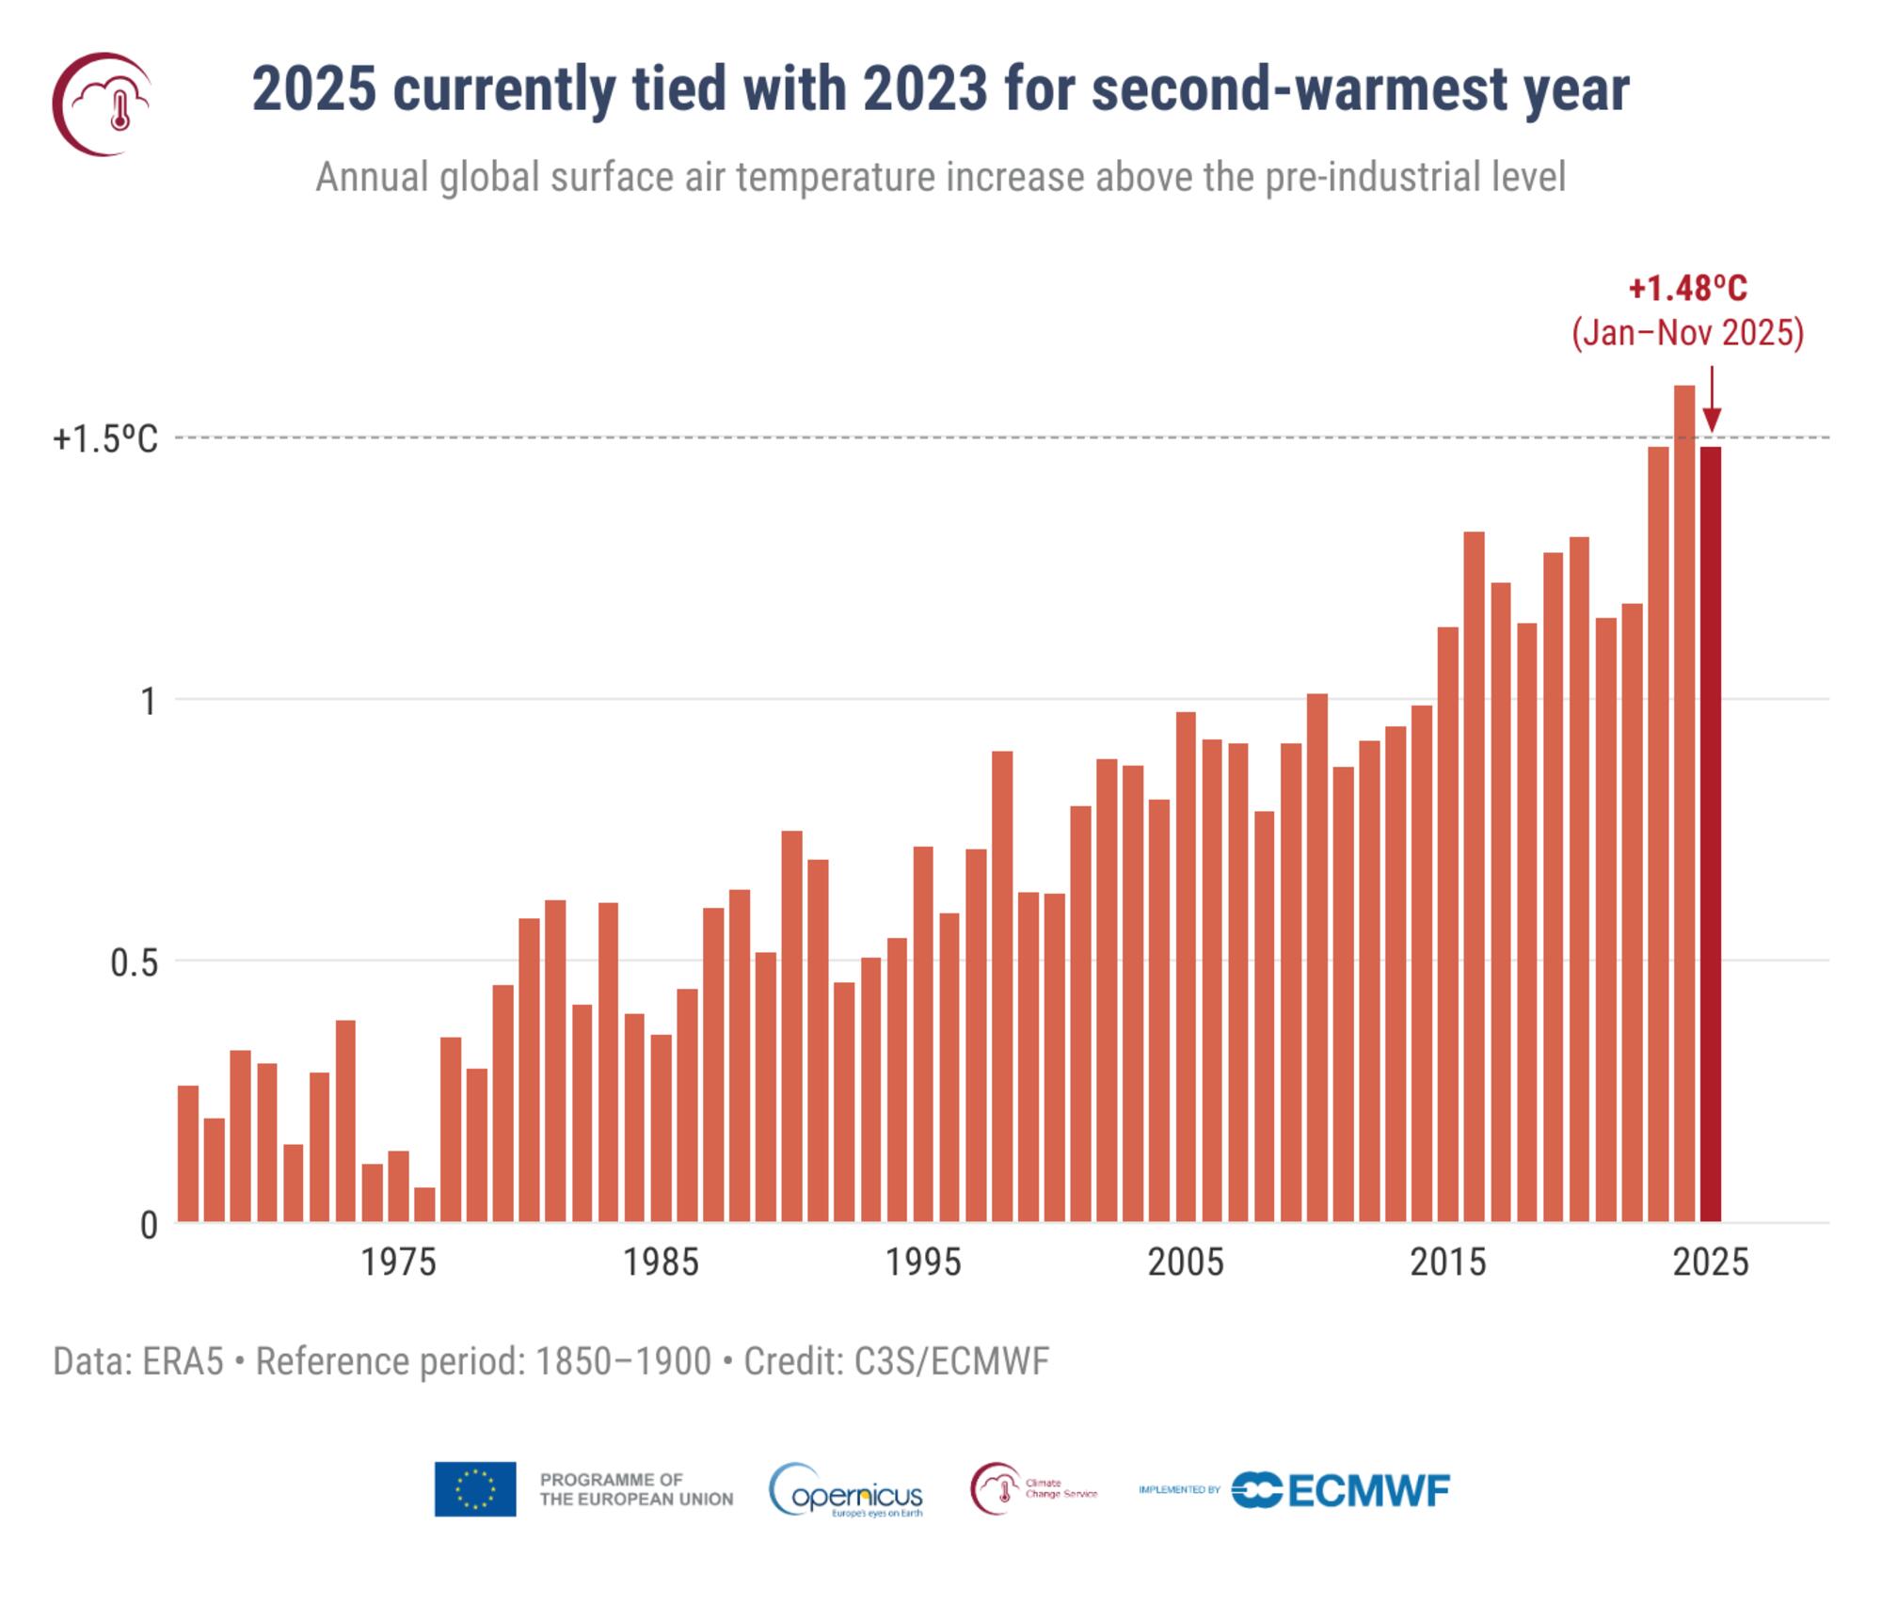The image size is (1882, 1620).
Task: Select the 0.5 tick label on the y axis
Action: (x=134, y=962)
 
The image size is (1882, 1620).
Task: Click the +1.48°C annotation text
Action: (x=1687, y=288)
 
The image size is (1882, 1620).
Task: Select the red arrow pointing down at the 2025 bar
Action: (x=1712, y=400)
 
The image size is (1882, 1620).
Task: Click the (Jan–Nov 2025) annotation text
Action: (x=1687, y=333)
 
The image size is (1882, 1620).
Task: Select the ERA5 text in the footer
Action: (x=183, y=1361)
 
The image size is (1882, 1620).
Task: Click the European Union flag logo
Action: (x=474, y=1489)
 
